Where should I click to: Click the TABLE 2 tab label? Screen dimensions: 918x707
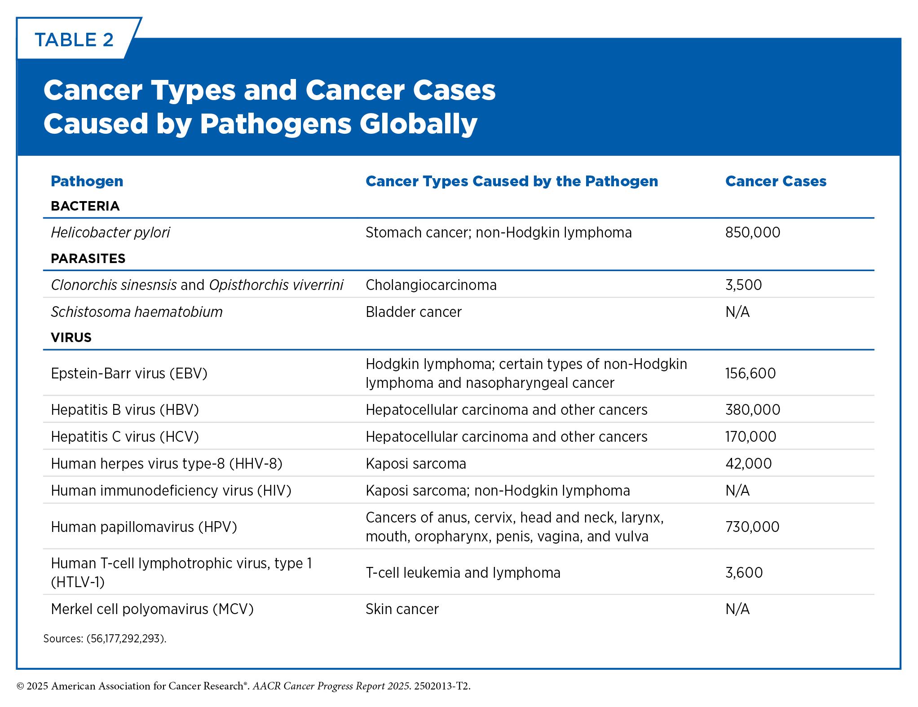74,40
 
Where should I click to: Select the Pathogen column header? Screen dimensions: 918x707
87,181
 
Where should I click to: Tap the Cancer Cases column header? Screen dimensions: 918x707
776,181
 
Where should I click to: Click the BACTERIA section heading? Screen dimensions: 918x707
85,206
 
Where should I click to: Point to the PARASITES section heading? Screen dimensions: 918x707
88,258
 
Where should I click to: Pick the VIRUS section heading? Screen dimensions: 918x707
71,337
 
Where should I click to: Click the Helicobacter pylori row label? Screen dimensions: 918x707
110,233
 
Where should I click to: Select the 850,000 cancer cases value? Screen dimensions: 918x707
753,232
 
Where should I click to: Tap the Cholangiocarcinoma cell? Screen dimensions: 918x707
431,285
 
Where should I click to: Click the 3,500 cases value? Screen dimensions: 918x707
744,285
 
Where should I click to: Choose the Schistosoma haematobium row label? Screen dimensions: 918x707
137,312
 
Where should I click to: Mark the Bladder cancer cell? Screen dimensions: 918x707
414,312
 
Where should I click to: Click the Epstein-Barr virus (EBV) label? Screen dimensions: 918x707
129,373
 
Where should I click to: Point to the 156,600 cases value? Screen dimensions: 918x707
750,373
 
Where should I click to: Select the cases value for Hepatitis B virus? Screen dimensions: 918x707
753,409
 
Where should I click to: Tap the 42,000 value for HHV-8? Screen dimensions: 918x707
749,463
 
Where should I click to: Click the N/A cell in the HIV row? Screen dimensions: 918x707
737,490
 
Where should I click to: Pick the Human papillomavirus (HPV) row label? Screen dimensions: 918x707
144,527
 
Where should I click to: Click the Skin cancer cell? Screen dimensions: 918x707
402,609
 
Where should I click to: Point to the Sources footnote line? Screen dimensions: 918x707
105,638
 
